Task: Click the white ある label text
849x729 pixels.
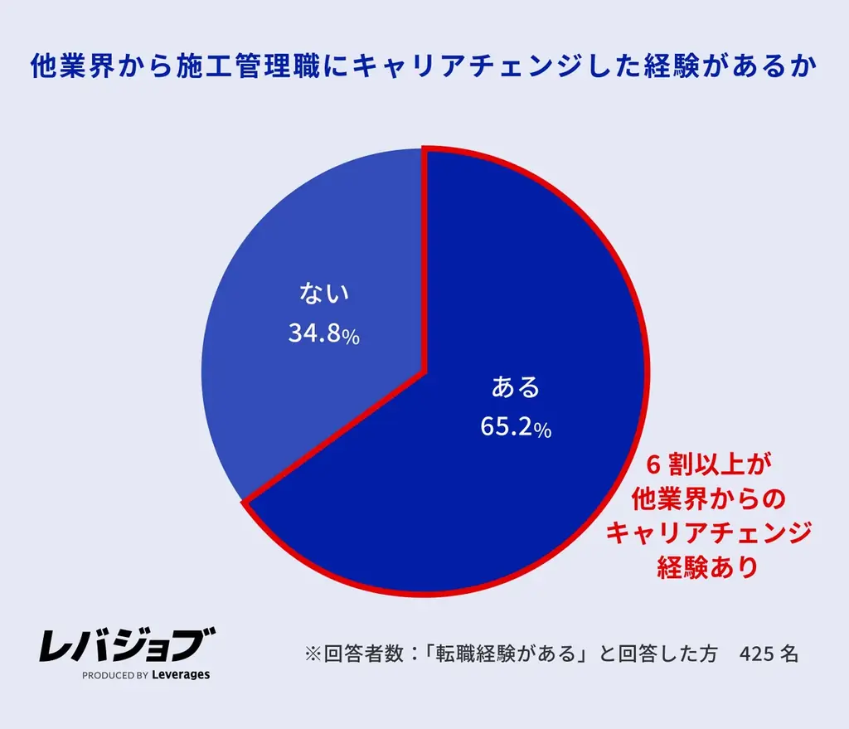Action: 515,387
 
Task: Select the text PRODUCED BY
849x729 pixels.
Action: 115,676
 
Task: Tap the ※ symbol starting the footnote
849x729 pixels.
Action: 313,654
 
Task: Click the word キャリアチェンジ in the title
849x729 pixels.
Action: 496,66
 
